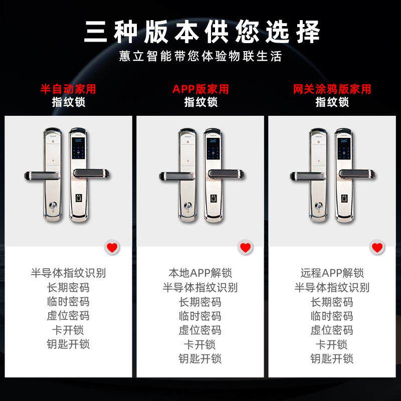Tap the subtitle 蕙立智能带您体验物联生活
pos(200,56)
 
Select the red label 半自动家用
pos(68,89)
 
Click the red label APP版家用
pos(200,89)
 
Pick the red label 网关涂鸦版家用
pos(332,89)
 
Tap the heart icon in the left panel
pos(112,247)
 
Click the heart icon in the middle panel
pos(245,247)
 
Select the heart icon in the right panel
pos(376,247)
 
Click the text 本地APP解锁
pos(200,274)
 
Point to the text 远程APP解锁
pos(332,274)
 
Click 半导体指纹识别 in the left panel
pos(68,274)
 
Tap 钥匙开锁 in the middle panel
pos(200,358)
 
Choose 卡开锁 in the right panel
pos(332,344)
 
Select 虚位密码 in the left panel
pos(68,316)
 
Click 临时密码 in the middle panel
pos(200,316)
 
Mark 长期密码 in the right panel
pos(332,302)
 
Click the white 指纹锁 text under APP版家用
pos(200,102)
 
